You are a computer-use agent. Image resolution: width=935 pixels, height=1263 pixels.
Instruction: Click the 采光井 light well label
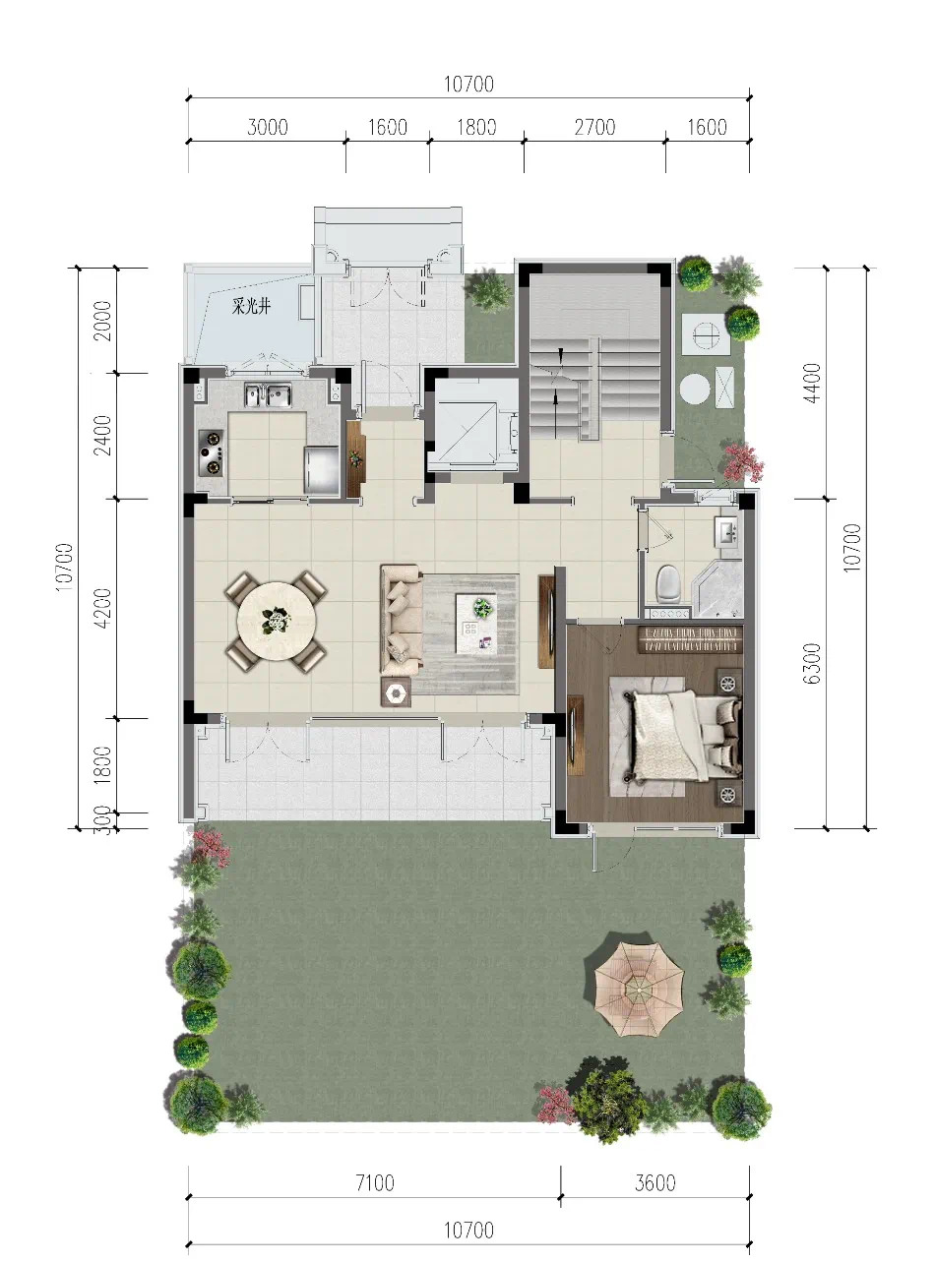point(251,308)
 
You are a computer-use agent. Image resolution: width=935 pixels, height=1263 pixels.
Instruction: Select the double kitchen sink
point(268,394)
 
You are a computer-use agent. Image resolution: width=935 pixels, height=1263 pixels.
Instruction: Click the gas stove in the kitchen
point(211,452)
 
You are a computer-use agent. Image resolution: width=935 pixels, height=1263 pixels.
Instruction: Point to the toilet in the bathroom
point(667,583)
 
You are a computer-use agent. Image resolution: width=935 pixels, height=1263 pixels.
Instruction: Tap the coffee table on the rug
point(475,623)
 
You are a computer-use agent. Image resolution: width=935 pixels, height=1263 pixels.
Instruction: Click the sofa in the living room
point(401,620)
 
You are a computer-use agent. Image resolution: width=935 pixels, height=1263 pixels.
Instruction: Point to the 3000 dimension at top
point(268,127)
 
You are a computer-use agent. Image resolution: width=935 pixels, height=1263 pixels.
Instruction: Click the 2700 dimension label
point(594,127)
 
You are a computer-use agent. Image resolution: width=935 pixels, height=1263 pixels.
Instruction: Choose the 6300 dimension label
point(813,663)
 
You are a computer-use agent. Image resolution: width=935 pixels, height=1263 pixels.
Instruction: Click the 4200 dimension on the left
point(103,608)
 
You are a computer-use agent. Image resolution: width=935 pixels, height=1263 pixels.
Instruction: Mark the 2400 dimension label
point(103,436)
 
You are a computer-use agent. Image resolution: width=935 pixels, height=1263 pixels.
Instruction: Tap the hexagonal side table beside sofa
point(396,692)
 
